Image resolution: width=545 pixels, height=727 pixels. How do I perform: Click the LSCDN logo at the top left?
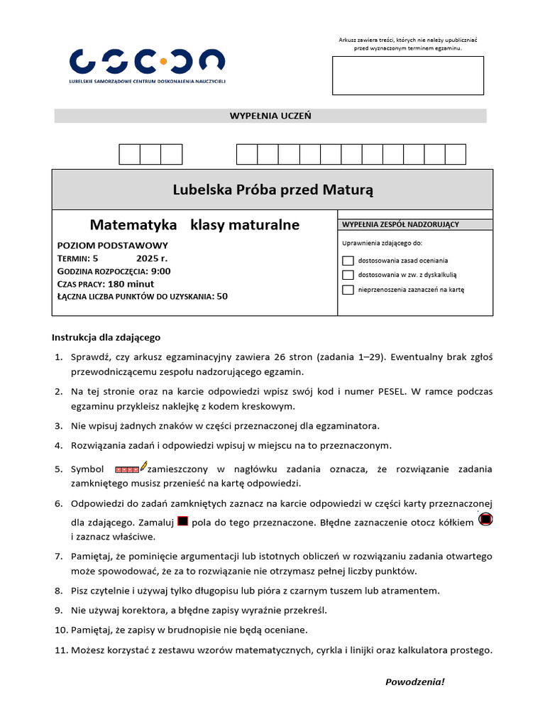tap(148, 62)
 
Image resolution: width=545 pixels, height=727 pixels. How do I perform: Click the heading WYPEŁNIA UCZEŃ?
tap(270, 116)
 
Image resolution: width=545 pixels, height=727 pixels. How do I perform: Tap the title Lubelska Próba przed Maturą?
tap(272, 190)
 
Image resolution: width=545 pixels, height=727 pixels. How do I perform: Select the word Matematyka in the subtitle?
tap(133, 225)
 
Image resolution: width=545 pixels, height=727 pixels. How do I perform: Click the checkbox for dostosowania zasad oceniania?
tap(348, 261)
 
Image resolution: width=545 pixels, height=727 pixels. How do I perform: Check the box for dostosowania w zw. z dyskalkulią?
tap(348, 275)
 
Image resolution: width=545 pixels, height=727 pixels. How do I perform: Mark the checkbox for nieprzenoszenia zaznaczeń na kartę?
tap(348, 290)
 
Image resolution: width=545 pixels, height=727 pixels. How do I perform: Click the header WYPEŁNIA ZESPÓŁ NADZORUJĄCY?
tap(400, 224)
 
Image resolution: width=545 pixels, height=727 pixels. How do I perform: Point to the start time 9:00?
tap(161, 270)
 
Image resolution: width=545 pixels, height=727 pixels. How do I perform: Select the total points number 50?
tap(222, 296)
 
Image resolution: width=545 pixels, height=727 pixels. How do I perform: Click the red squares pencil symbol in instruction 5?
tap(131, 469)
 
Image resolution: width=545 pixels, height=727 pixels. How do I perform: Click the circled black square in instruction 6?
tap(485, 520)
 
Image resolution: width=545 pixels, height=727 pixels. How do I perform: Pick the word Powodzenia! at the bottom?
tap(414, 682)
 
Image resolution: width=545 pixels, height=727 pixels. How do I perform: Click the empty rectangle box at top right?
tap(408, 75)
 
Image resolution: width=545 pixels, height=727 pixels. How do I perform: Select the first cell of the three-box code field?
tap(129, 154)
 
